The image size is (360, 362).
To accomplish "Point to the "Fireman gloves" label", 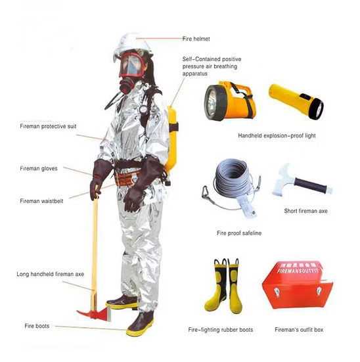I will click(x=39, y=168).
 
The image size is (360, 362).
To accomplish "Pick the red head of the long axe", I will click(x=93, y=309).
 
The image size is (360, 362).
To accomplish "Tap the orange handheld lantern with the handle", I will click(x=227, y=101).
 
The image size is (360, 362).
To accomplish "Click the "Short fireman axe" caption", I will click(x=305, y=212).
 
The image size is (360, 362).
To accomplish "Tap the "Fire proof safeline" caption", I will click(x=240, y=233).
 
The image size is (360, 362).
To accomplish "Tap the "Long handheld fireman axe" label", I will click(x=50, y=274).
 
